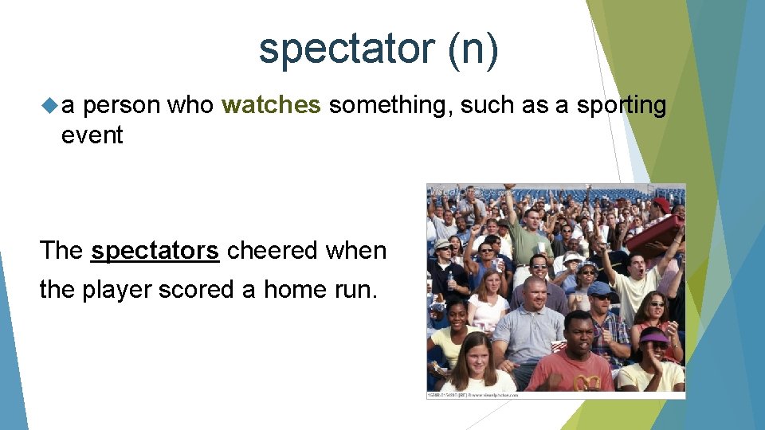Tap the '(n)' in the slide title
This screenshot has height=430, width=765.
pos(473,49)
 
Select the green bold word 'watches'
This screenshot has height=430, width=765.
pos(271,105)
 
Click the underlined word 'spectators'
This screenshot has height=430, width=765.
pos(155,251)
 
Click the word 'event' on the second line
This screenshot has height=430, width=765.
pos(92,135)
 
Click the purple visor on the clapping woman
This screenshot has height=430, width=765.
pos(654,337)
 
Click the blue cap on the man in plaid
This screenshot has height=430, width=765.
pos(599,288)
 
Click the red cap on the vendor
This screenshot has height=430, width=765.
pos(661,205)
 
